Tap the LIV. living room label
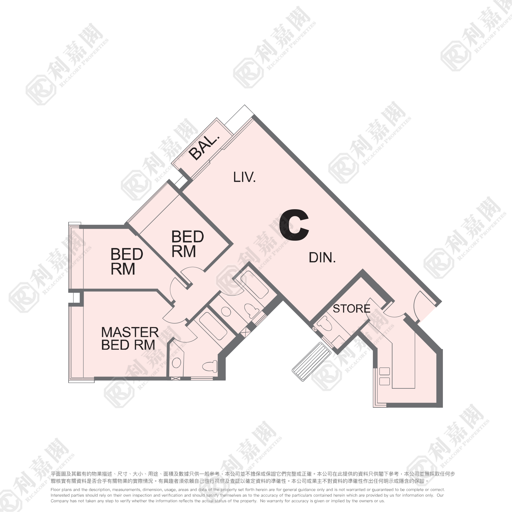point(244,177)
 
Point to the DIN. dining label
point(322,257)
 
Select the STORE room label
point(351,309)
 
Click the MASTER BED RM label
point(130,338)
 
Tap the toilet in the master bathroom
point(210,366)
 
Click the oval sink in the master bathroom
point(176,363)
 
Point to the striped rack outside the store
point(311,361)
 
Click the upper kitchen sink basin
point(384,371)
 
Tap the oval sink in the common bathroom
point(226,312)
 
